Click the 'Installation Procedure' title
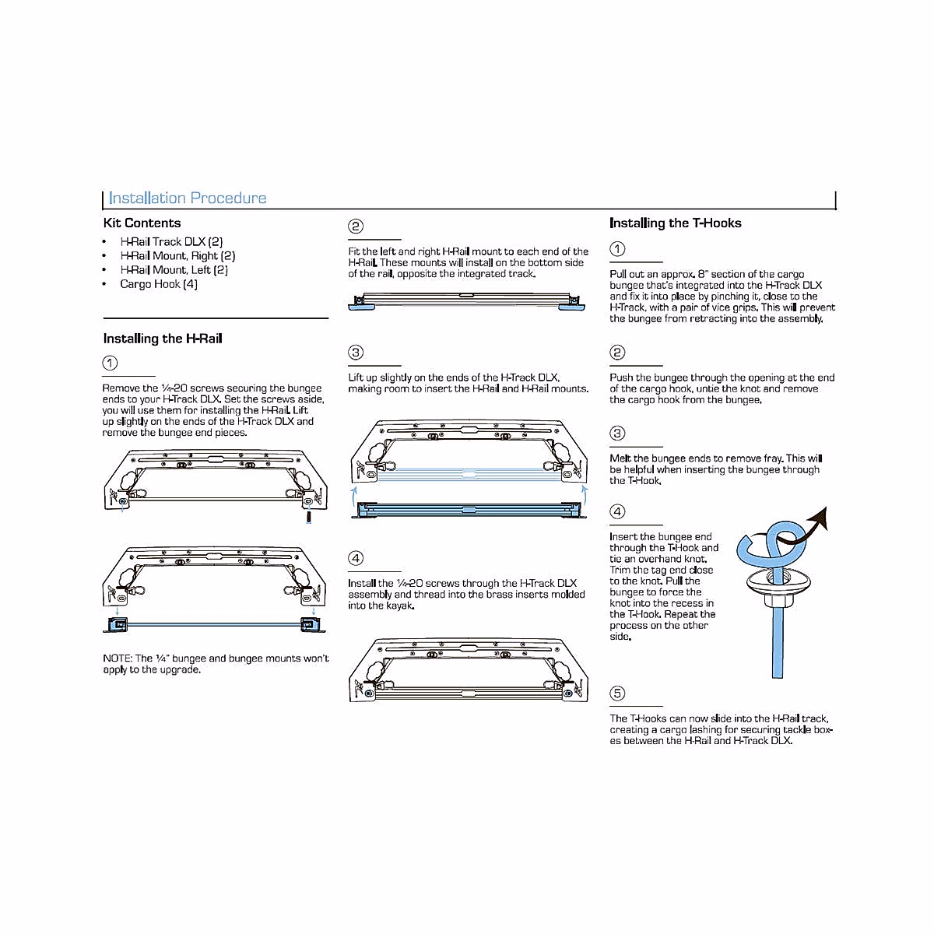[x=188, y=198]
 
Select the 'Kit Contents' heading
[x=142, y=223]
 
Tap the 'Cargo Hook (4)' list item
[x=159, y=284]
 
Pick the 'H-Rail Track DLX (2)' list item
[x=171, y=242]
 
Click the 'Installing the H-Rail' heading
[x=163, y=339]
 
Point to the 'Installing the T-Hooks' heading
[x=675, y=223]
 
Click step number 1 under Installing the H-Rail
[x=111, y=363]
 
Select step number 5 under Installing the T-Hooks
[x=617, y=693]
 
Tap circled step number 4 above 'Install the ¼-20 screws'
[x=356, y=558]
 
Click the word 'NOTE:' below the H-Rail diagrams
[x=118, y=658]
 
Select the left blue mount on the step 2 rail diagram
[x=361, y=307]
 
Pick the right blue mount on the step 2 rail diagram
[x=572, y=307]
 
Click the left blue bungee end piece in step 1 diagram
[x=118, y=624]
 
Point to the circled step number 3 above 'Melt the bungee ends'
[x=617, y=434]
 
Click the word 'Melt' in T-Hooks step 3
[x=620, y=458]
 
